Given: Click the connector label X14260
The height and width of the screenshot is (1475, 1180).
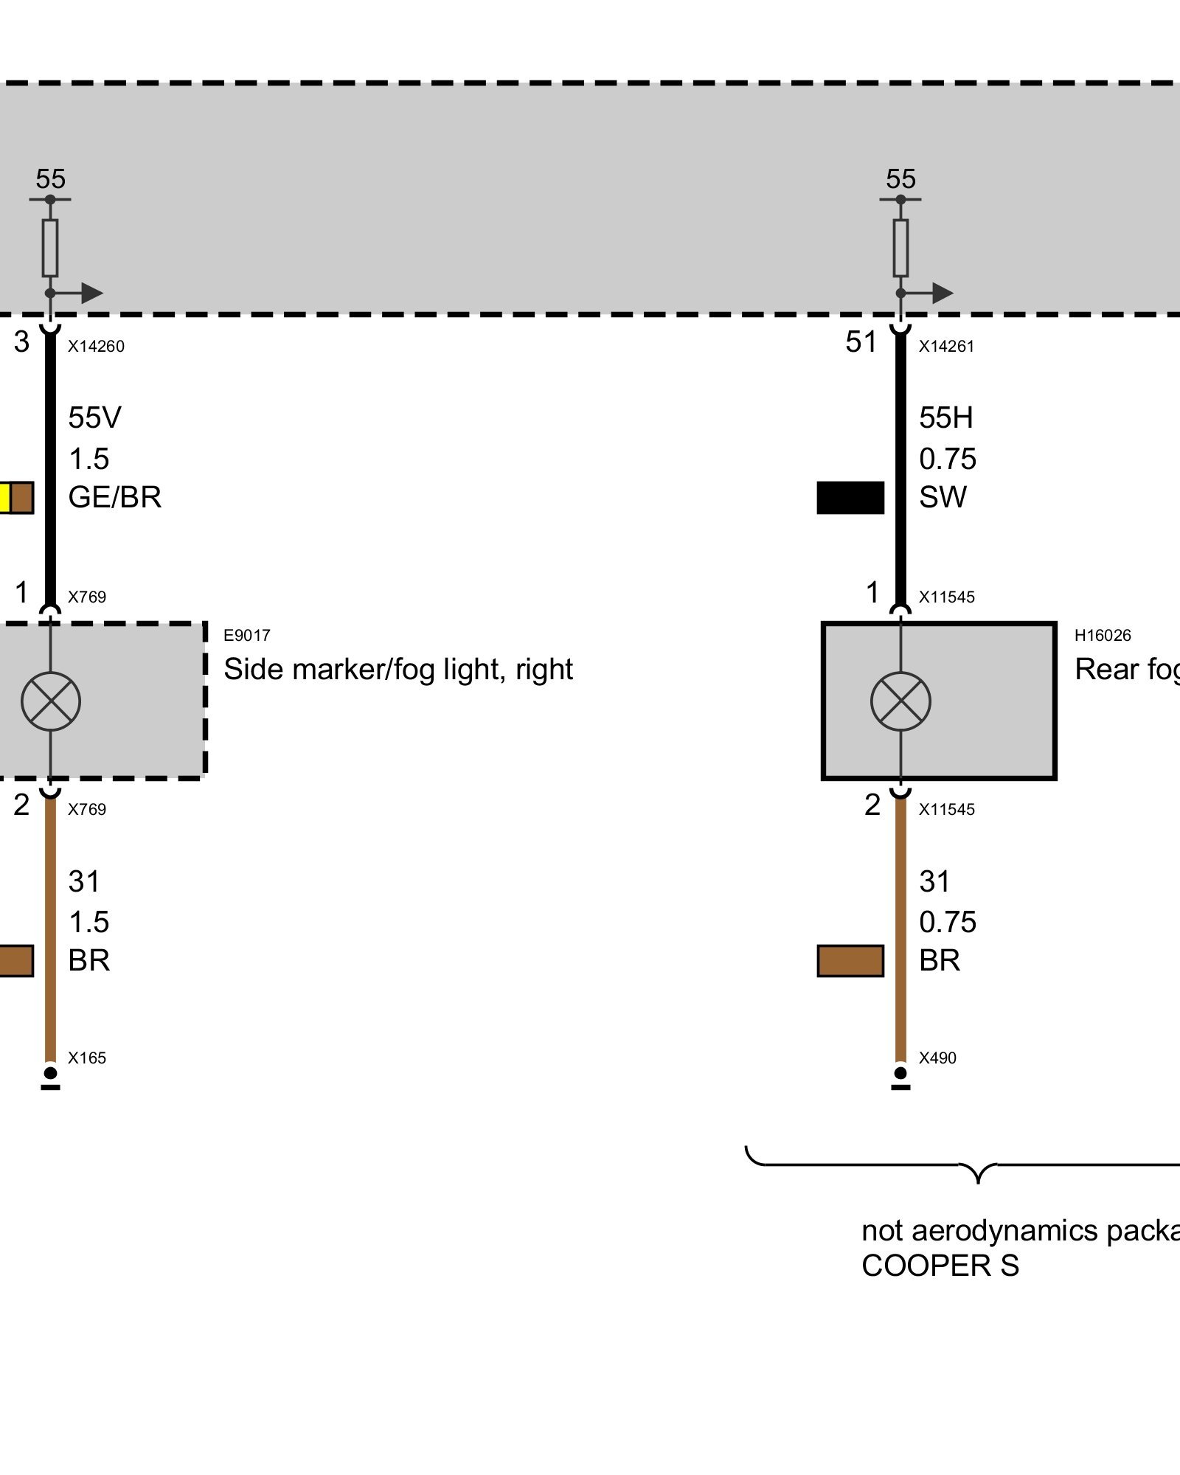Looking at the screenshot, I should click(96, 347).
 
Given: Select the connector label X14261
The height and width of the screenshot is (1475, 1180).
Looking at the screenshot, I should click(946, 347).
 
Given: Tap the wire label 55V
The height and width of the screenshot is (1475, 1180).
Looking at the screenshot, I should click(94, 418).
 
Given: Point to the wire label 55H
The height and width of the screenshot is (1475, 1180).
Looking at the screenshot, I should click(945, 418).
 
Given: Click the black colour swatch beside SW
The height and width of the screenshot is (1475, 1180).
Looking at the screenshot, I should click(850, 498).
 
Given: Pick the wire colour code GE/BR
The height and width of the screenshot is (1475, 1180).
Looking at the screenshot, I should click(114, 498).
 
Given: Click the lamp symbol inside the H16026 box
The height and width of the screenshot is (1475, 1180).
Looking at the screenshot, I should click(900, 701).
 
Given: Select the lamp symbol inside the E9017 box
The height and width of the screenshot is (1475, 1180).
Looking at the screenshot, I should click(51, 701).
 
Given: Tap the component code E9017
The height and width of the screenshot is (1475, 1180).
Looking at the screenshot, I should click(247, 635).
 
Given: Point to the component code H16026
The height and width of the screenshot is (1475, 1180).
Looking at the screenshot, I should click(1103, 635).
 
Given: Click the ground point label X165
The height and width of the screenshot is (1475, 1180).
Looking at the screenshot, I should click(87, 1058).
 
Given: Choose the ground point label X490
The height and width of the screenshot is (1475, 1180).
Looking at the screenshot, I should click(937, 1058).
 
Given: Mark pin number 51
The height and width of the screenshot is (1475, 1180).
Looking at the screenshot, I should click(861, 342).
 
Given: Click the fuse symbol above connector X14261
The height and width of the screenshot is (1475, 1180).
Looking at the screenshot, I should click(900, 248).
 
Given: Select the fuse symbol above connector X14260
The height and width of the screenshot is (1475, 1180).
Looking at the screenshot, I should click(50, 248).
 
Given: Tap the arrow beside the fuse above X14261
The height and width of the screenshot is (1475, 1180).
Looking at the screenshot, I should click(940, 294).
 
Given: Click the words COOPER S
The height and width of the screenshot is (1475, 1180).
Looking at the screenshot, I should click(940, 1266).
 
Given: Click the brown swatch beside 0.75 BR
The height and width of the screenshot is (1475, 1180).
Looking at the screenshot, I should click(850, 961).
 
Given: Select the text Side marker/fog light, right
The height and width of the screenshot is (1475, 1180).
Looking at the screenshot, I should click(398, 670).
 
